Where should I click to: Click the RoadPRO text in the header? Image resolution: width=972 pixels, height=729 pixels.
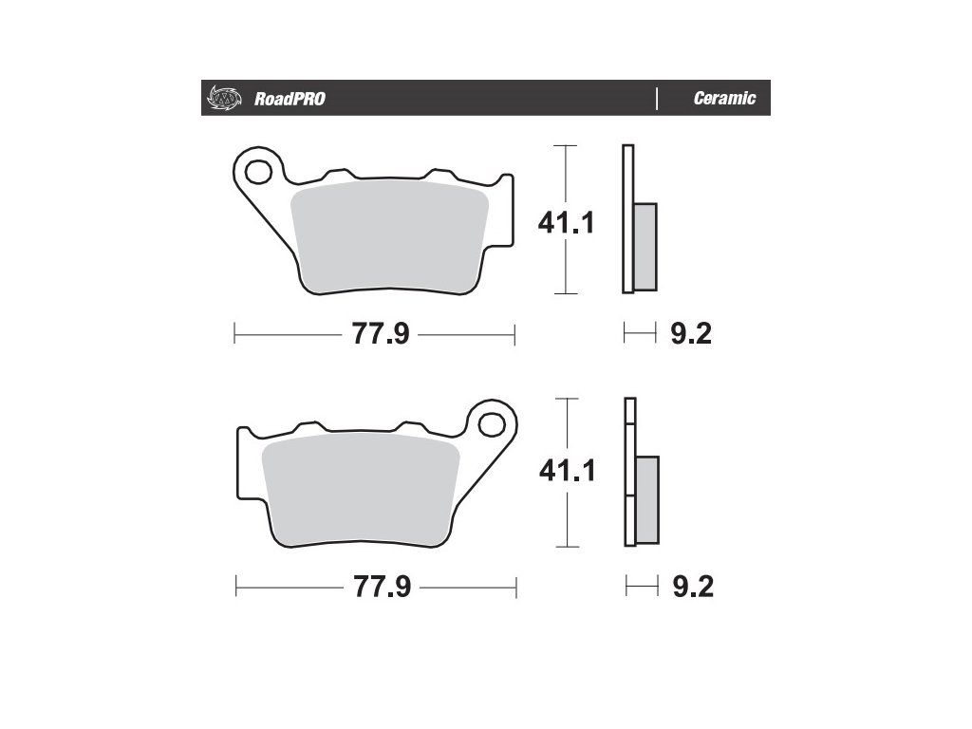point(290,99)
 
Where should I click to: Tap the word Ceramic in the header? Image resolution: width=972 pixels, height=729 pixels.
point(724,98)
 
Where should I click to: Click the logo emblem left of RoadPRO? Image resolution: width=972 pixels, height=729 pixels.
point(223,98)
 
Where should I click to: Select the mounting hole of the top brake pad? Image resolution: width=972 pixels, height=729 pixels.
point(258,172)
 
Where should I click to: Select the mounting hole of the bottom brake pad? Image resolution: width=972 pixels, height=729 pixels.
point(491,424)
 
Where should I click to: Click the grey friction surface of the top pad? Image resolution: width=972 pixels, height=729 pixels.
point(389,236)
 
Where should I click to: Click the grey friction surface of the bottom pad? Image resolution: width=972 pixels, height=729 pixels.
point(360,490)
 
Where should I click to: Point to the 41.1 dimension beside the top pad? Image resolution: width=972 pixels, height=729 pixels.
point(566,222)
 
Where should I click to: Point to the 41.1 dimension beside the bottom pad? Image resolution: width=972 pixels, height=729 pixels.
point(568,471)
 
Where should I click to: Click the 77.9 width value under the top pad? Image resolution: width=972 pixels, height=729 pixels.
point(381,334)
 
